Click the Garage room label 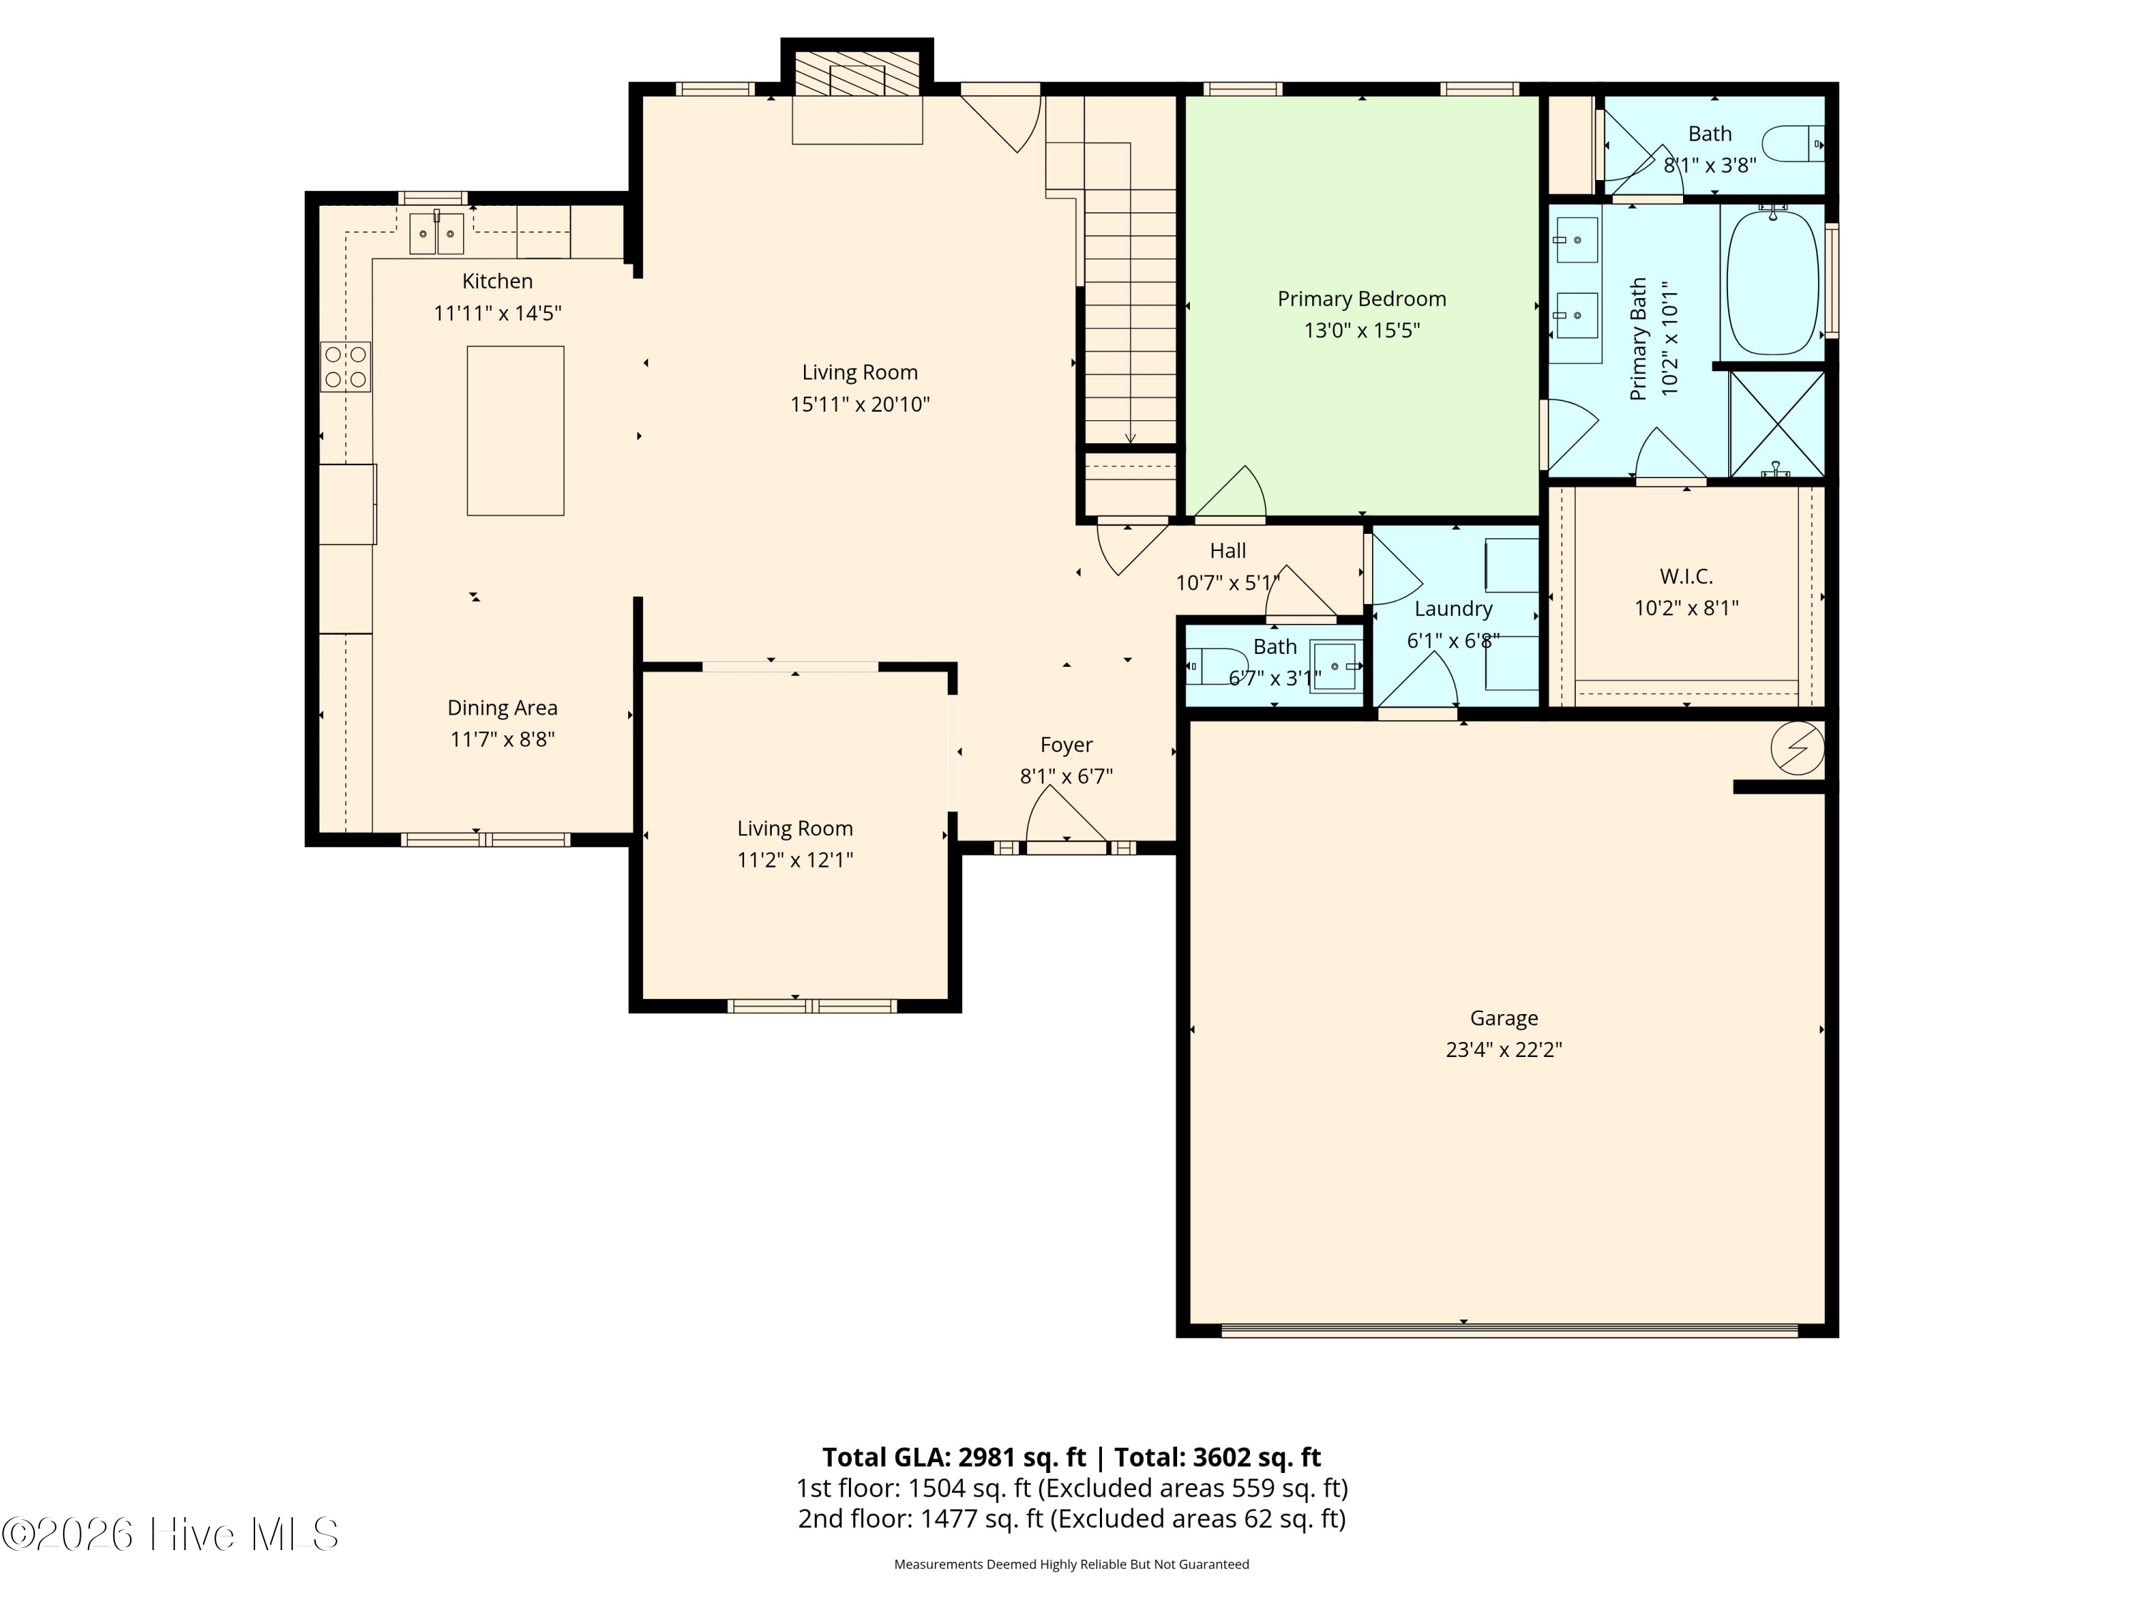(1504, 1018)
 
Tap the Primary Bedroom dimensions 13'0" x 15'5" (1362, 330)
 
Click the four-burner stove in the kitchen (346, 367)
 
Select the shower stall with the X (1777, 424)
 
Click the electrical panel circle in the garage (1797, 748)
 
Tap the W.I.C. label (1687, 577)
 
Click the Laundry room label (1453, 609)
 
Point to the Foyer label (1066, 745)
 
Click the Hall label (1228, 550)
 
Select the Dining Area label (502, 708)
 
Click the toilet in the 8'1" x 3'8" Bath (1792, 144)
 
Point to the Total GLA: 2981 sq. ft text (954, 1456)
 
